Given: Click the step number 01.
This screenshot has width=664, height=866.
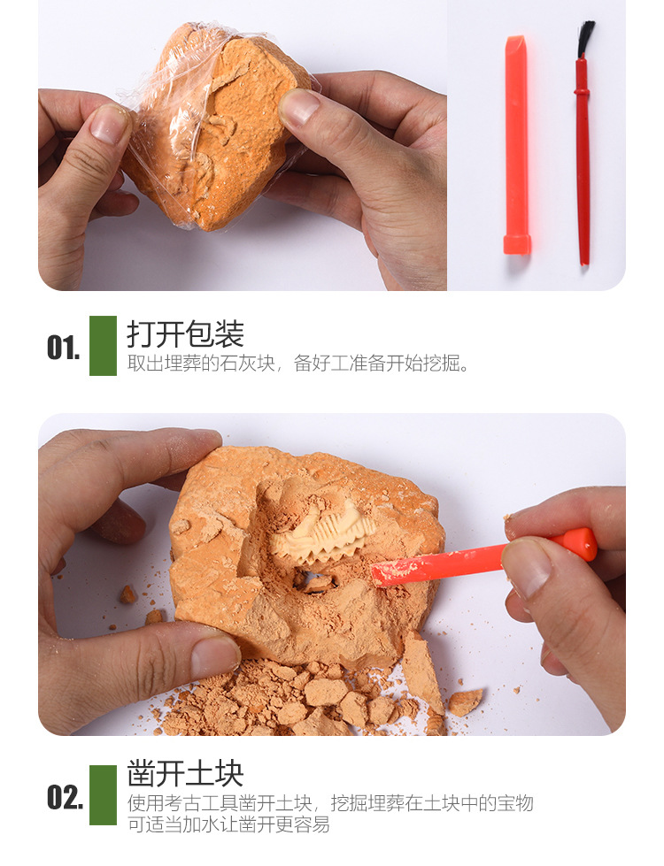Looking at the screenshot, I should pyautogui.click(x=63, y=348).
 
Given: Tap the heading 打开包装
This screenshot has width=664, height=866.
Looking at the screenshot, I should pyautogui.click(x=185, y=334).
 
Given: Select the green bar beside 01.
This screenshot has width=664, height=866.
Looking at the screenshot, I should pyautogui.click(x=103, y=346).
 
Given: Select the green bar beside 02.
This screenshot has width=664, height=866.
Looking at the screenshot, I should pyautogui.click(x=103, y=795).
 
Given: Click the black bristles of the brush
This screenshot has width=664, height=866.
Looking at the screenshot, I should pyautogui.click(x=585, y=40).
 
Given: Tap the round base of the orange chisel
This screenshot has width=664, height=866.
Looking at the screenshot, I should pyautogui.click(x=517, y=244).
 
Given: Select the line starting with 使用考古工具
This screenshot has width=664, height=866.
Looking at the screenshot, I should pyautogui.click(x=330, y=803).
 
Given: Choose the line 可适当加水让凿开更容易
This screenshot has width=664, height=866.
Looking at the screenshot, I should pyautogui.click(x=228, y=824).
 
